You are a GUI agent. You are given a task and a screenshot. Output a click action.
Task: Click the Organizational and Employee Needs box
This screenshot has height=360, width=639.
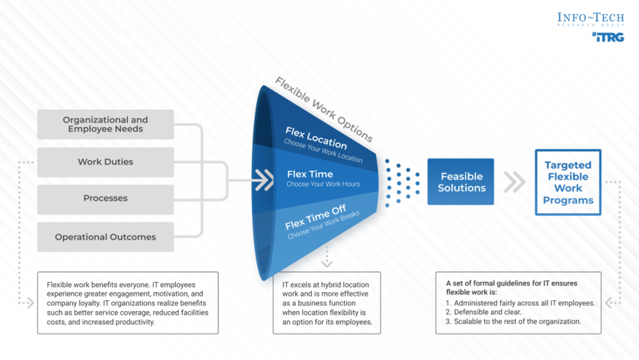click(105, 124)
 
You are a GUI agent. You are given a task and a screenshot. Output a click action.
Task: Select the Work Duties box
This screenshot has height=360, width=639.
click(105, 162)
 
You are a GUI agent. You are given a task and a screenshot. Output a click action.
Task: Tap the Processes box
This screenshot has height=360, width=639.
click(105, 199)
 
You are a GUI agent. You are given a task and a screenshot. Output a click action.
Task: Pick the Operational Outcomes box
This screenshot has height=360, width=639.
click(105, 237)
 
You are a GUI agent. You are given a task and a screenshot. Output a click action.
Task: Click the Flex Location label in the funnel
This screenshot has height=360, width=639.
click(315, 136)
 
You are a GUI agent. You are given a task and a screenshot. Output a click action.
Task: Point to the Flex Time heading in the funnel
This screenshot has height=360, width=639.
click(310, 174)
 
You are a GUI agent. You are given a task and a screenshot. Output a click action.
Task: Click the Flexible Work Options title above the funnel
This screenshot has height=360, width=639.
click(324, 109)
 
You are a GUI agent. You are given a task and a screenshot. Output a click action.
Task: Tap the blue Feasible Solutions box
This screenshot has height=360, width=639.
click(461, 182)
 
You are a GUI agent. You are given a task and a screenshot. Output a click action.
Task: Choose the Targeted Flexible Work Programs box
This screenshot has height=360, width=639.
click(568, 183)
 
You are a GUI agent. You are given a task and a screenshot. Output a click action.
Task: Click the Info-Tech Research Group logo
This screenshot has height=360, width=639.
click(590, 19)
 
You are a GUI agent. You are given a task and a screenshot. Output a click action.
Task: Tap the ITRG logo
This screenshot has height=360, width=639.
click(608, 37)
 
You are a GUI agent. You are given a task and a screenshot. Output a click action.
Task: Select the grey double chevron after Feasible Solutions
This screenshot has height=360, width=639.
click(514, 182)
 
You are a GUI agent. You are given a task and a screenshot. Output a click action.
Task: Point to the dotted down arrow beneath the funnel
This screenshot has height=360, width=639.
click(326, 257)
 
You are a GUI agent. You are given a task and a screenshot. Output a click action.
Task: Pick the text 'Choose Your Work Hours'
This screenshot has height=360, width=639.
click(323, 184)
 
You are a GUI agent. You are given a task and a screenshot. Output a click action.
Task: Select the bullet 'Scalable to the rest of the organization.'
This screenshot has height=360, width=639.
click(517, 321)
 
